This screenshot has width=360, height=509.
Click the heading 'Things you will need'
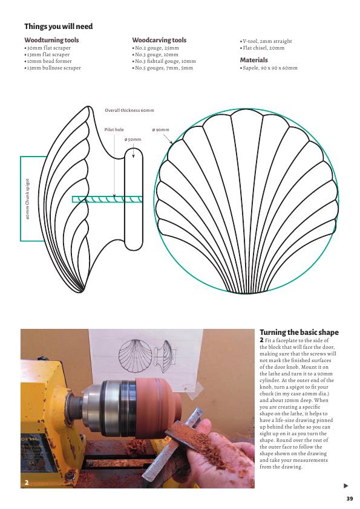click(59, 26)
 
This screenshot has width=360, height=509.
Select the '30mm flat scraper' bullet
click(47, 48)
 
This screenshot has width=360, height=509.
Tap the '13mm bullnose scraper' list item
click(53, 68)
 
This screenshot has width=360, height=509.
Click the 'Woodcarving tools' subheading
click(159, 41)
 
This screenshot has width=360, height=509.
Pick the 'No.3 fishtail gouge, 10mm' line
click(164, 61)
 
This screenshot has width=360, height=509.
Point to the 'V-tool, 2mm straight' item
click(266, 41)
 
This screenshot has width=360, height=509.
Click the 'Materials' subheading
click(254, 60)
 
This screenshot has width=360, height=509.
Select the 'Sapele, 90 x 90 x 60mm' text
click(269, 68)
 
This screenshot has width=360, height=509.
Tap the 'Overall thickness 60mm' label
click(129, 111)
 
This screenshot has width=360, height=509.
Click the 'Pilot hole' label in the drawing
click(114, 129)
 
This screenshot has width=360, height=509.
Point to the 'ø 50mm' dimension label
click(133, 140)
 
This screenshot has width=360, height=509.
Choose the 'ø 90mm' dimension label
click(160, 130)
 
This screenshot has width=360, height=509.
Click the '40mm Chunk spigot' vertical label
click(28, 199)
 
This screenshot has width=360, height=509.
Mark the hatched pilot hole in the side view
click(107, 199)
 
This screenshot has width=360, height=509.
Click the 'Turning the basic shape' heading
click(299, 332)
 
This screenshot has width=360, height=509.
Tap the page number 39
click(350, 499)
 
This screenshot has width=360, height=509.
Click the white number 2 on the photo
click(27, 483)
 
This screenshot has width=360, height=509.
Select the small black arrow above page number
click(345, 485)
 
